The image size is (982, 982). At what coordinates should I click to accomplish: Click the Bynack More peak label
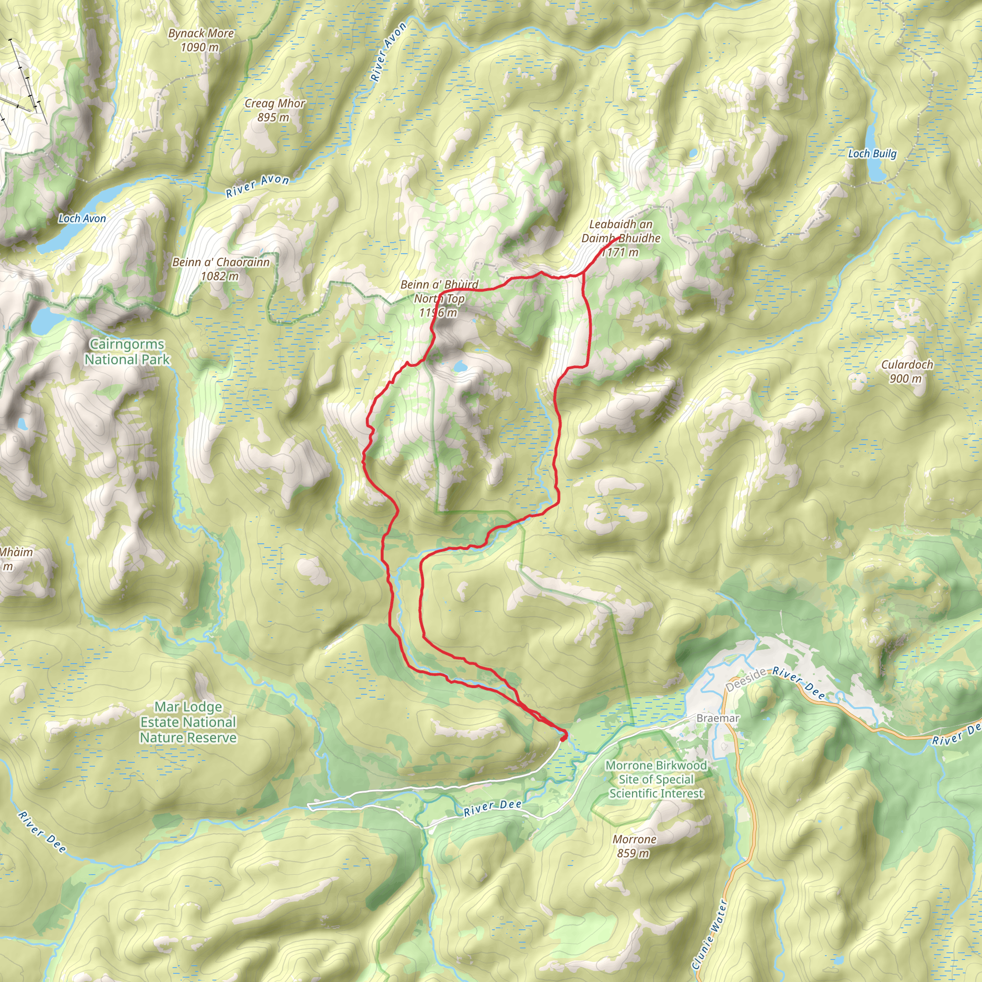(x=201, y=40)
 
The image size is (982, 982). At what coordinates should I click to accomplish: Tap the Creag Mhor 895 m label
(x=274, y=110)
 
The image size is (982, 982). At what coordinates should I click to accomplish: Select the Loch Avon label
(x=82, y=219)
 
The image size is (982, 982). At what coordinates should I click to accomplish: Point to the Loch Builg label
(x=872, y=153)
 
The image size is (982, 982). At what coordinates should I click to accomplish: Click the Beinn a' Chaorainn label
(x=221, y=269)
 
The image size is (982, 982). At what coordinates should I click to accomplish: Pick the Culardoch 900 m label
(x=907, y=372)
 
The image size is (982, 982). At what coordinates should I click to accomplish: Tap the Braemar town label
(x=718, y=718)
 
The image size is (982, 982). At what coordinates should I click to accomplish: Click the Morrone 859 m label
(x=634, y=846)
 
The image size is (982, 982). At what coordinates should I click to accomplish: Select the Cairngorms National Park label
(x=127, y=352)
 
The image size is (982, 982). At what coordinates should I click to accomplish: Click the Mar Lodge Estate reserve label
(x=188, y=722)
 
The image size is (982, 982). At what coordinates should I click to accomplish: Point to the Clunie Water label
(x=710, y=934)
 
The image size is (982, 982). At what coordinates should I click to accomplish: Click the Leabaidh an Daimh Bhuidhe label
(x=620, y=238)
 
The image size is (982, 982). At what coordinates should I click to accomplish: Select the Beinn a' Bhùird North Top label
(x=439, y=298)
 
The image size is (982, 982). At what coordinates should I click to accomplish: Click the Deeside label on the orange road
(x=746, y=680)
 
